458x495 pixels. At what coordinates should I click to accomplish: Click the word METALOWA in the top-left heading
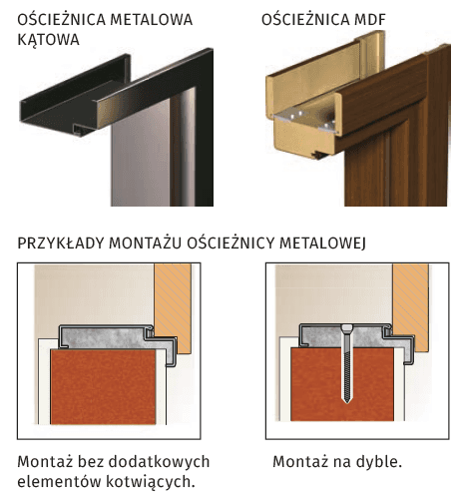tap(157, 18)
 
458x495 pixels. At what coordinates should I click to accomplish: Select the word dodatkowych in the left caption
tap(147, 463)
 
